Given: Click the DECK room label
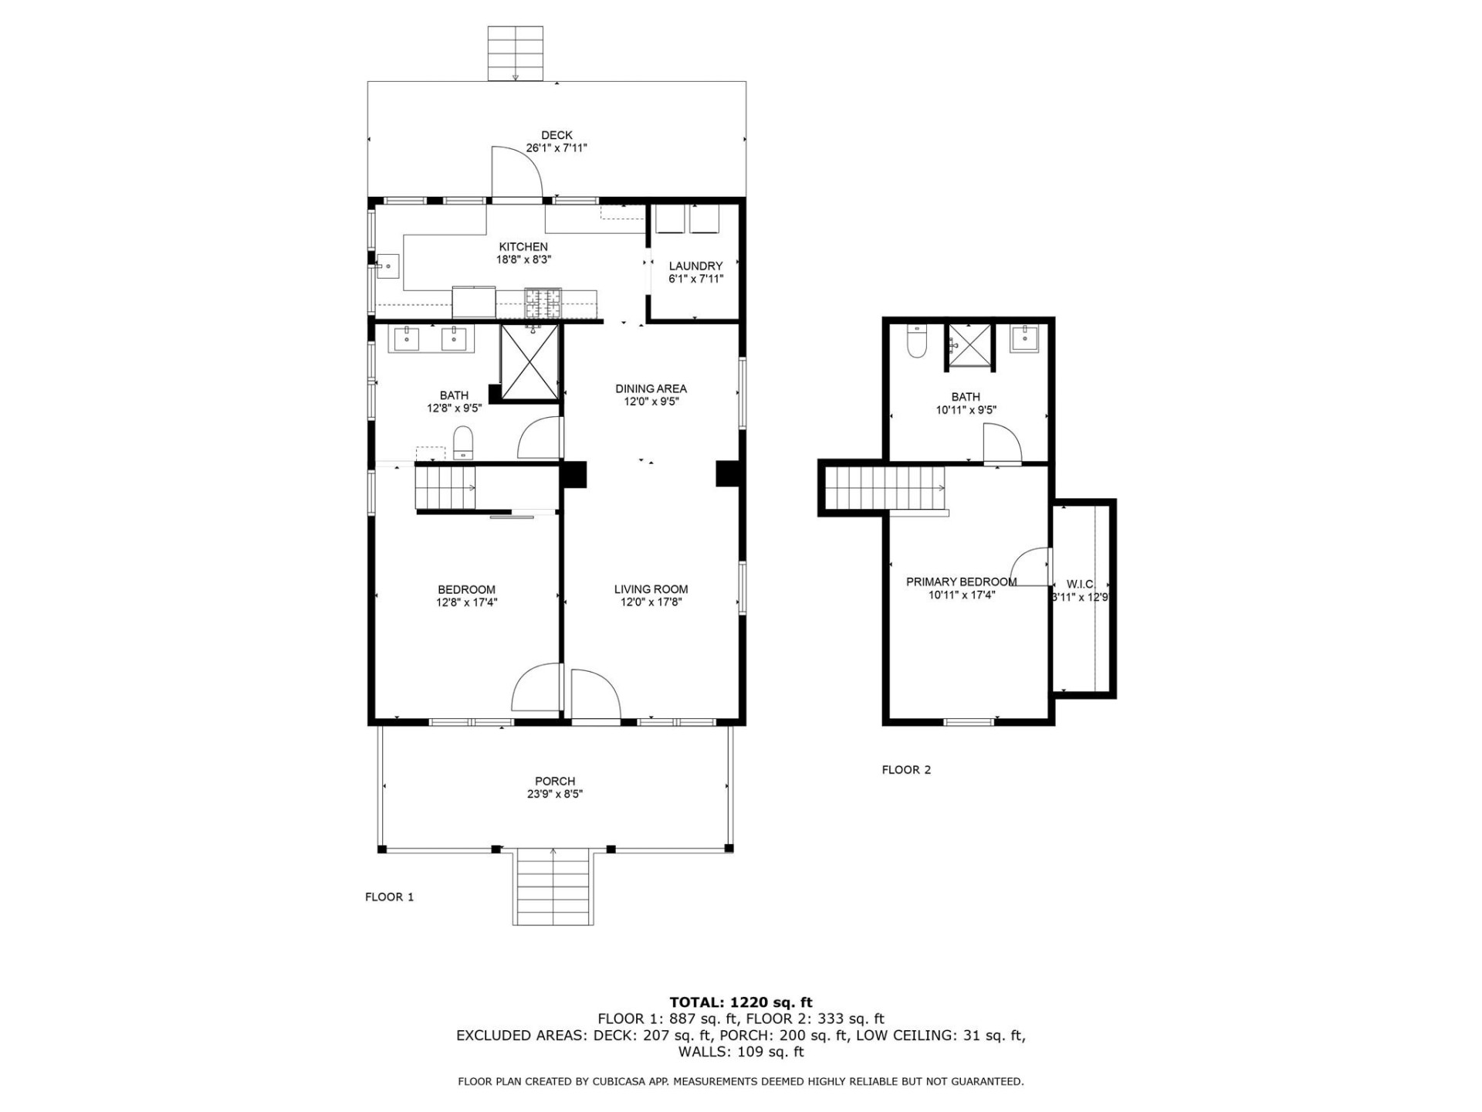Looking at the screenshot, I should pos(557,135).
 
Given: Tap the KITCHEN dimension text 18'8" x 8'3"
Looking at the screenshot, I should pos(523,260).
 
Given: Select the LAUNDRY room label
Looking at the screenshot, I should pos(695,266).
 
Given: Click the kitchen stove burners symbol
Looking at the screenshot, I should pos(543,303).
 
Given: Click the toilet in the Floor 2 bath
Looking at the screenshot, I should pos(916,341).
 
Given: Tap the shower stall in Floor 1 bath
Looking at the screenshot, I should pos(530,361).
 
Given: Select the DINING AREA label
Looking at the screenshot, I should pos(651,388).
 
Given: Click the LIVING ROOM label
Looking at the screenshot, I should pos(651,589).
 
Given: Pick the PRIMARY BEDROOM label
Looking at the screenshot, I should pos(961,581).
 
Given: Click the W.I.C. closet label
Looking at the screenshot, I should pos(1080,584).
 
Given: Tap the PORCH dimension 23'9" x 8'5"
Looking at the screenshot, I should pos(555,794).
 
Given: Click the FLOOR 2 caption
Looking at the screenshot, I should pos(906,770).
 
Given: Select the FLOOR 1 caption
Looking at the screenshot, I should pos(389,897).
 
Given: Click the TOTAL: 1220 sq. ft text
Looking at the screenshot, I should pos(740,1003).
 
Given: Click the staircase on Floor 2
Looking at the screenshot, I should pos(885,488).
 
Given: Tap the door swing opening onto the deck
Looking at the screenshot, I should pos(517,171).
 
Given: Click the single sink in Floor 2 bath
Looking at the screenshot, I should pos(1024,338).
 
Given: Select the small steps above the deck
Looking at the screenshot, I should pos(515,53).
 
